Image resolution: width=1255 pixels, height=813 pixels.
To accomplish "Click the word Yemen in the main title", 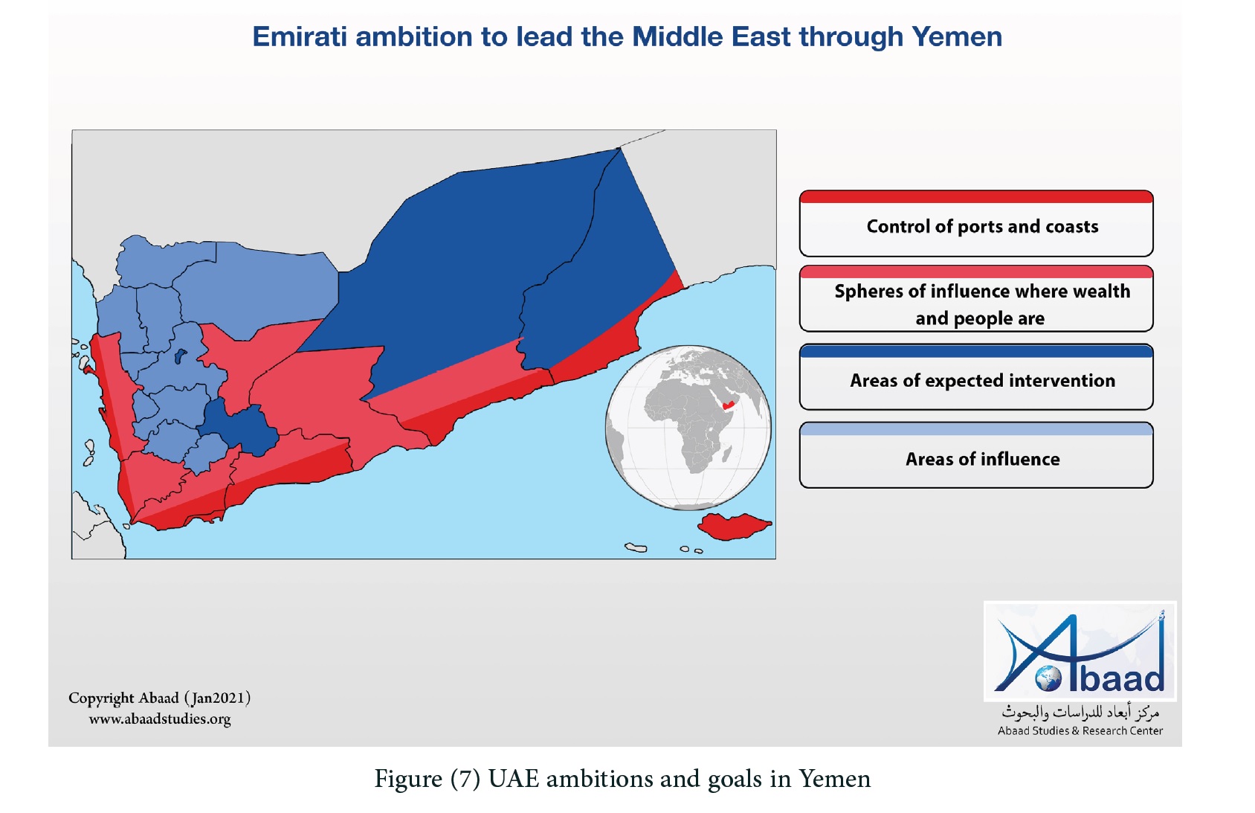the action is [x=956, y=37].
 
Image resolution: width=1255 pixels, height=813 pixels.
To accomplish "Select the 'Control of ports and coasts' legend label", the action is [x=982, y=227].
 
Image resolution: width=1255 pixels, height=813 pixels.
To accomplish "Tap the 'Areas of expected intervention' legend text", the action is [x=982, y=381].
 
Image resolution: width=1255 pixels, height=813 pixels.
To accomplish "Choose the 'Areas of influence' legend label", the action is [x=982, y=459].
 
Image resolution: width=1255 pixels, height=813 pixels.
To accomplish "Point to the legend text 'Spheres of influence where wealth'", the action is [x=982, y=292].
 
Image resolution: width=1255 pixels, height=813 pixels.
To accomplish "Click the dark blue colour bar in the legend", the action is [x=976, y=352].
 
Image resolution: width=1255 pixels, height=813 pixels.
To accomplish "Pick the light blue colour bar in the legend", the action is [x=976, y=429].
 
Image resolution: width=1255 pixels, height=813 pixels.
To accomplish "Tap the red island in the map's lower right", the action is [x=733, y=526].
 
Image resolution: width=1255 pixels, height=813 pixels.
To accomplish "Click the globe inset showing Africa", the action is [x=688, y=428].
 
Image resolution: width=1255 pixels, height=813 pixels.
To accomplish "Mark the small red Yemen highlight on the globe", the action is [x=728, y=405].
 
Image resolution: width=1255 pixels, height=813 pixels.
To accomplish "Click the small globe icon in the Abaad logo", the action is [x=1048, y=678].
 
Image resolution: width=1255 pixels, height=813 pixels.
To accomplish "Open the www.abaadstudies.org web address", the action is [x=160, y=719].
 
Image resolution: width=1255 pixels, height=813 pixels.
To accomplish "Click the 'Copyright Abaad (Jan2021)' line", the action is [x=160, y=698].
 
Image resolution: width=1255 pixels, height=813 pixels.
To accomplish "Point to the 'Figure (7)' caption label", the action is [x=428, y=779].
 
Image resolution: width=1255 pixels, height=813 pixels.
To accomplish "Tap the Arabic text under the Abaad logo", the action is [x=1080, y=713].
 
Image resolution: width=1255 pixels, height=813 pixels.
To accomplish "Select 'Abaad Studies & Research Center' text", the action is [x=1080, y=730].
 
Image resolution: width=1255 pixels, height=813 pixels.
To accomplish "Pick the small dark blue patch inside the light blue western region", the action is [x=180, y=356].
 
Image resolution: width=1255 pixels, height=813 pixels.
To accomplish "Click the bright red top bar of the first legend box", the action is [x=976, y=197].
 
